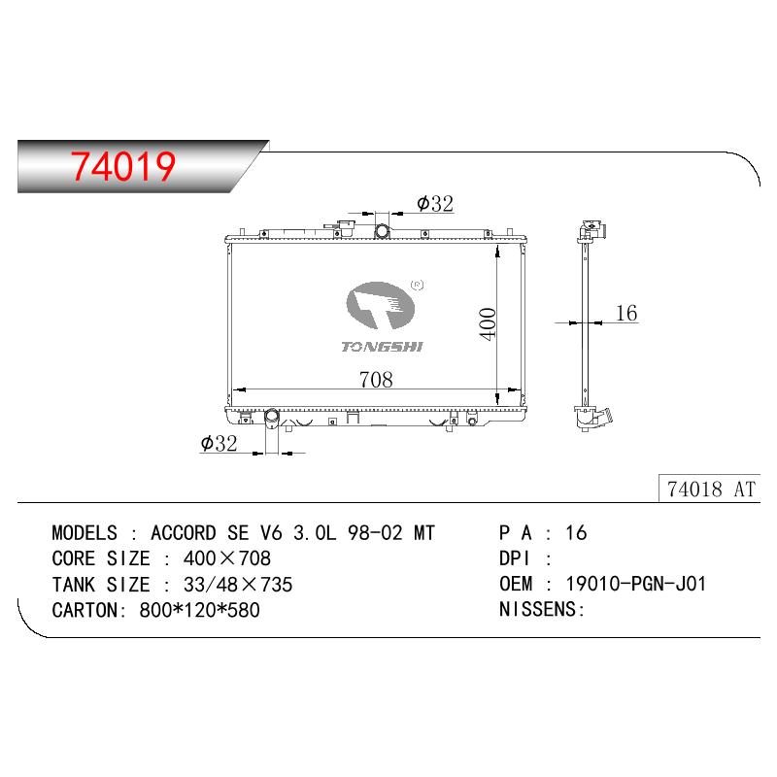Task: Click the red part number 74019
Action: pos(123,166)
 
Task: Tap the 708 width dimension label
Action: pos(376,380)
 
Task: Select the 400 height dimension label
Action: pos(488,324)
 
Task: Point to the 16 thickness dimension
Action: pos(626,313)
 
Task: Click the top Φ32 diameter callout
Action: pos(435,203)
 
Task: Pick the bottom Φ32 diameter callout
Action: pos(219,443)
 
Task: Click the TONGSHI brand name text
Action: pos(382,347)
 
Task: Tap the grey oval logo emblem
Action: pos(380,305)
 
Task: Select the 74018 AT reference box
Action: pos(710,490)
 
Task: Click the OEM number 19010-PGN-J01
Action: pos(636,584)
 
